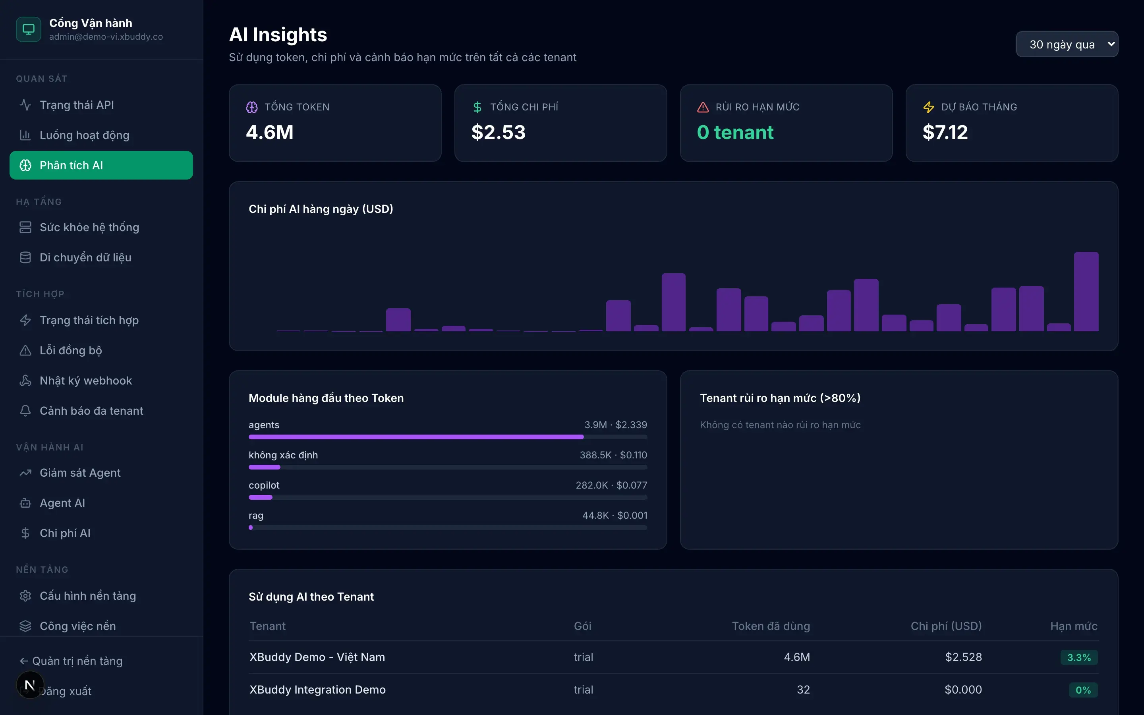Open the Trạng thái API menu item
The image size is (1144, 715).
click(x=77, y=104)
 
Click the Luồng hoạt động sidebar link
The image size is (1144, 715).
click(x=84, y=135)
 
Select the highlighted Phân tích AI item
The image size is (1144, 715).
click(x=101, y=165)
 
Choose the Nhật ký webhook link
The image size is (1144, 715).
click(x=85, y=381)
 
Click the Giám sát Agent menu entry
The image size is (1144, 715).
click(x=80, y=472)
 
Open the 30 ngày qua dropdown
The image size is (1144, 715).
click(x=1067, y=44)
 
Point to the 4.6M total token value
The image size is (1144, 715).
click(x=269, y=132)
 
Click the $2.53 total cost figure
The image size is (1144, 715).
click(x=498, y=132)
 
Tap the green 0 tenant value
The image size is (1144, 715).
click(x=735, y=132)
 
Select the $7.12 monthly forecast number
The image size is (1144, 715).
click(x=945, y=132)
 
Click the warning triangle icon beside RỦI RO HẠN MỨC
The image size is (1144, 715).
click(x=703, y=107)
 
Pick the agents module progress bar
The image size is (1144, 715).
click(x=448, y=437)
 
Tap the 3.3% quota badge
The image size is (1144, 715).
click(x=1079, y=657)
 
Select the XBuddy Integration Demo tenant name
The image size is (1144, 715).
click(x=317, y=690)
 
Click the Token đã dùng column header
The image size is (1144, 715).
click(x=771, y=626)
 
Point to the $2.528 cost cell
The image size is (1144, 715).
click(x=963, y=657)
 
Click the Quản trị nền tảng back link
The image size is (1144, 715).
click(x=71, y=661)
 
